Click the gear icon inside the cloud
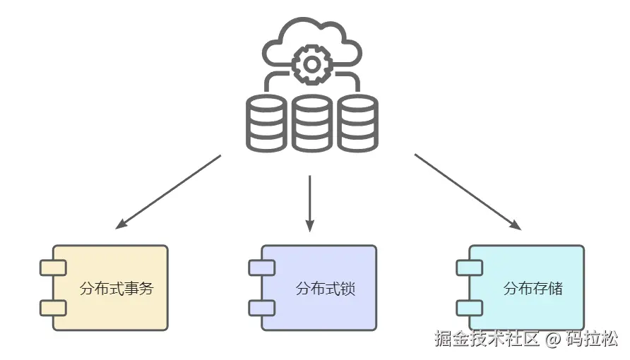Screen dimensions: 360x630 (310, 64)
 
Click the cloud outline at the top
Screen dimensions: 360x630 (311, 32)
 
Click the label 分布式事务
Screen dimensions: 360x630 (117, 289)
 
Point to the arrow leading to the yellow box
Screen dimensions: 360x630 (168, 192)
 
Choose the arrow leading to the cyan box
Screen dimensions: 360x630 (468, 192)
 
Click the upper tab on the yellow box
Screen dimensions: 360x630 (53, 268)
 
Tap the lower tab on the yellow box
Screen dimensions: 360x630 (53, 308)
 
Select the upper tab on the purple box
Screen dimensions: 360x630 (261, 268)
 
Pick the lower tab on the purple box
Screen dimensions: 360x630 (261, 308)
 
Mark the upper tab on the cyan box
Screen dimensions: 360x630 (469, 268)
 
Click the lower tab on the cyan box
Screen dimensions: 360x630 (469, 308)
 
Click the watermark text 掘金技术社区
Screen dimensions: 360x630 (487, 339)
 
